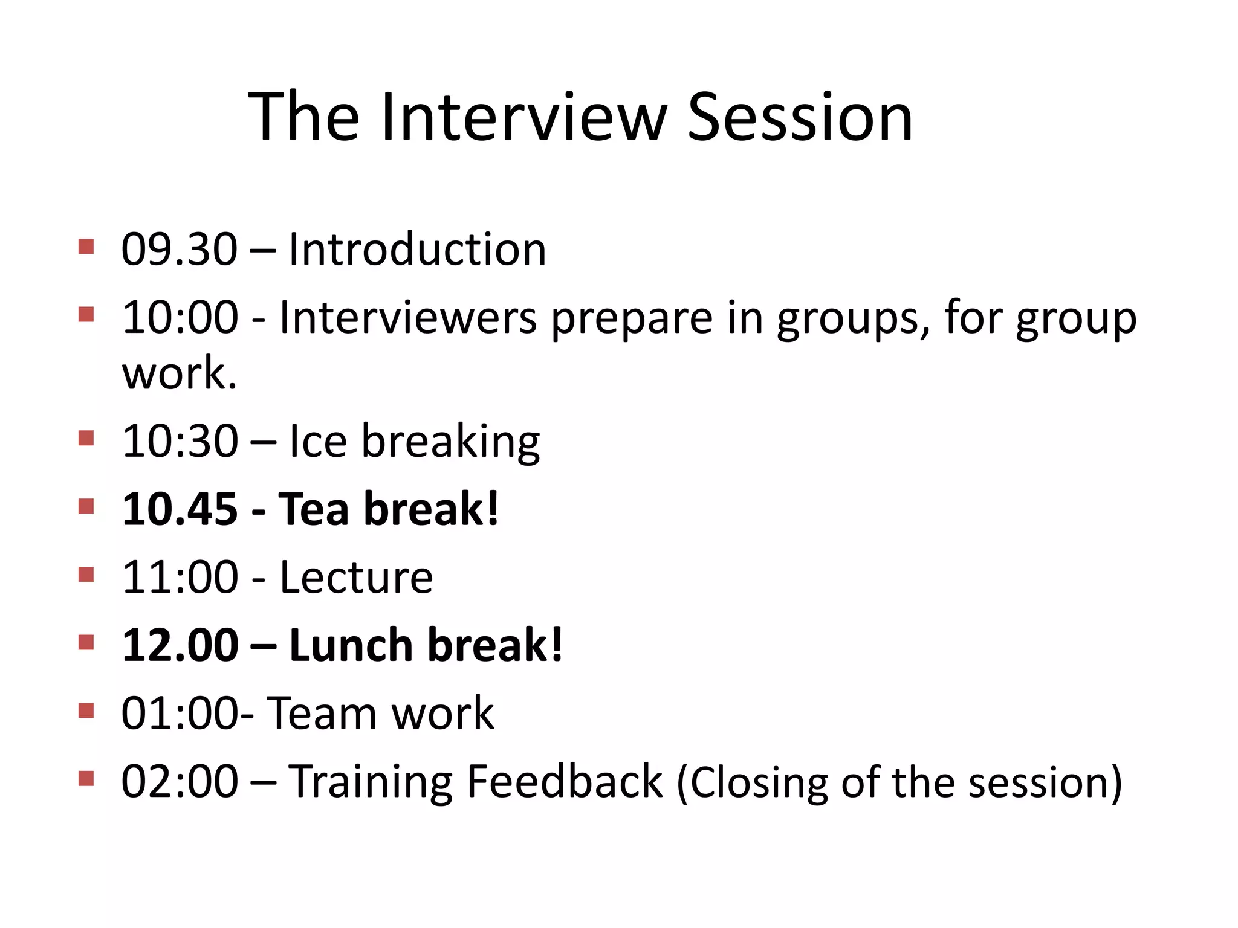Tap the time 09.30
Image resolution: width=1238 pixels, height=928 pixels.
pyautogui.click(x=179, y=249)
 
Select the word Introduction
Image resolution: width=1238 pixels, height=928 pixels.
pyautogui.click(x=417, y=249)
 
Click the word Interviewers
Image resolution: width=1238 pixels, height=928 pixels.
pyautogui.click(x=407, y=318)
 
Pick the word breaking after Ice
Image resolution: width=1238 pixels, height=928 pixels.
pyautogui.click(x=450, y=442)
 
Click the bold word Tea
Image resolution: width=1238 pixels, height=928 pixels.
pyautogui.click(x=313, y=509)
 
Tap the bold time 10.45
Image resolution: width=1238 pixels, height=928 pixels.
pyautogui.click(x=180, y=509)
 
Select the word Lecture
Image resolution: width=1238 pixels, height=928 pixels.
pyautogui.click(x=356, y=578)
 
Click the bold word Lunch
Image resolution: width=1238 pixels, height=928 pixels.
pyautogui.click(x=351, y=645)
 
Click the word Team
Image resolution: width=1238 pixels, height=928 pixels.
pyautogui.click(x=322, y=714)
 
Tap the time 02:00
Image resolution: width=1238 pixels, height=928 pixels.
pyautogui.click(x=180, y=782)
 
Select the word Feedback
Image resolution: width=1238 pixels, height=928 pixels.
pyautogui.click(x=565, y=782)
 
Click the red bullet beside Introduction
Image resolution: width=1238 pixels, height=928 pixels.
pyautogui.click(x=86, y=246)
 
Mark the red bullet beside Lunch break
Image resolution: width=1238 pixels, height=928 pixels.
pyautogui.click(x=86, y=642)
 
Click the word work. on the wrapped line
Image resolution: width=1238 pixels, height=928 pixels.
pyautogui.click(x=179, y=374)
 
